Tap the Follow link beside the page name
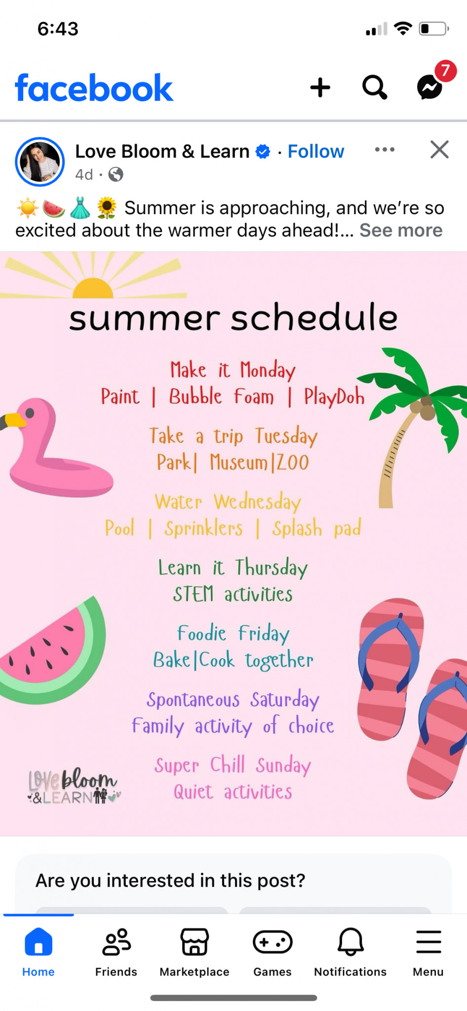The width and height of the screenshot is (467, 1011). (315, 152)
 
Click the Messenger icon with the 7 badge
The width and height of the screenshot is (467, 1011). (429, 87)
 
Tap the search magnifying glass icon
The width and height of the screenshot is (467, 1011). (375, 87)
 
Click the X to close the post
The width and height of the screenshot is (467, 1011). (439, 149)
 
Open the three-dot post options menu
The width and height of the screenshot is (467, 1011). (385, 150)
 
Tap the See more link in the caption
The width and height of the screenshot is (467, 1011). (401, 230)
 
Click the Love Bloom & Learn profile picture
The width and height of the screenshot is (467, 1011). (40, 161)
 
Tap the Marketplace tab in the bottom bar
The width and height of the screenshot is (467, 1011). (195, 952)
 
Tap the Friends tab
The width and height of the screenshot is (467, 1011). (116, 952)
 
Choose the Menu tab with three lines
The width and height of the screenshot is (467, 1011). (428, 952)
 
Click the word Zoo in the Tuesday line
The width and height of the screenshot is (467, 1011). (292, 463)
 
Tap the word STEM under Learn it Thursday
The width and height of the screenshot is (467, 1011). (193, 594)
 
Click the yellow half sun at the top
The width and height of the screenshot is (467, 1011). (93, 288)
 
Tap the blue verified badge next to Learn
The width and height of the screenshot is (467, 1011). (263, 152)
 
